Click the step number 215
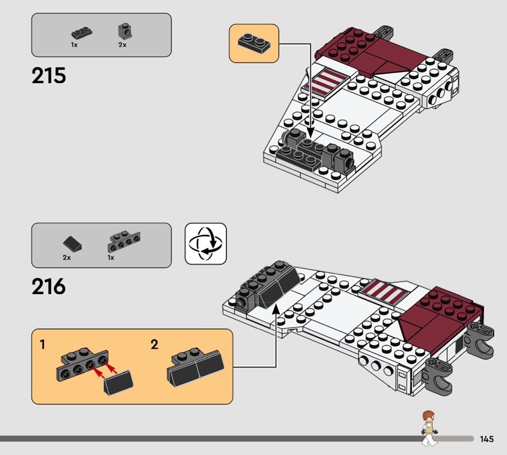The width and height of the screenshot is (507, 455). (49, 75)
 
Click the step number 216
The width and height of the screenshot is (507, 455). (49, 286)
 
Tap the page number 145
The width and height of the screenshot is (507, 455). (487, 439)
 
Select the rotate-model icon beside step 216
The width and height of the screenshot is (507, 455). (205, 243)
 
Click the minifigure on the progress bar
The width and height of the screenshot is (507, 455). (429, 428)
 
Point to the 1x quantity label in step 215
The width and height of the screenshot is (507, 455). (74, 45)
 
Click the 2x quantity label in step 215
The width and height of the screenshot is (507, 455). (122, 45)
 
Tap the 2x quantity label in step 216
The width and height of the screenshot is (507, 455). (67, 258)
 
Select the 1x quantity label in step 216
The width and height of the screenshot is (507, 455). (111, 258)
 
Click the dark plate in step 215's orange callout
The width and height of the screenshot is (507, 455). (254, 43)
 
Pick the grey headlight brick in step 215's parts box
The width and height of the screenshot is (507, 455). (125, 32)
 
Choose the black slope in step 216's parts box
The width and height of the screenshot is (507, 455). (72, 244)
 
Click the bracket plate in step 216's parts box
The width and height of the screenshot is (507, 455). (124, 241)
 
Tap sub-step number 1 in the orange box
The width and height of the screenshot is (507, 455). (42, 345)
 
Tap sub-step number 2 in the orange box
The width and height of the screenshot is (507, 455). (155, 345)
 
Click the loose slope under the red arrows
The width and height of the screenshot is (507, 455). (119, 383)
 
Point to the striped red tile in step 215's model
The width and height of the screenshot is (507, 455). (326, 83)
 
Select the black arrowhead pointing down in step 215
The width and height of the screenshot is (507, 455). (311, 132)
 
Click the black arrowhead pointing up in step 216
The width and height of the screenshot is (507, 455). (276, 309)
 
